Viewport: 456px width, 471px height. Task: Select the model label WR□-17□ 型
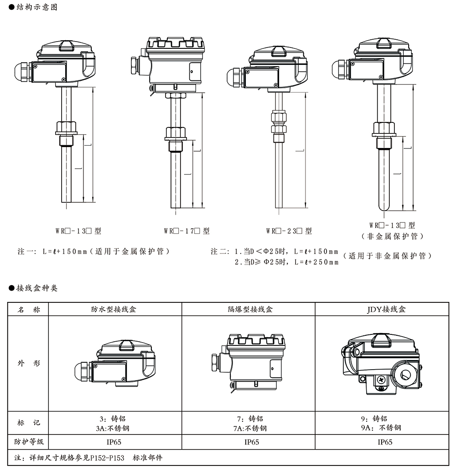pyautogui.click(x=187, y=231)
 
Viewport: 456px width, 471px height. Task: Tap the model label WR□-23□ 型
pyautogui.click(x=289, y=231)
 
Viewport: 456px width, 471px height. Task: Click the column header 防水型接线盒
pyautogui.click(x=114, y=309)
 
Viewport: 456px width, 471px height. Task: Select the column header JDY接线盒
pyautogui.click(x=386, y=309)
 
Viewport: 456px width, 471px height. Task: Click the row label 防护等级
pyautogui.click(x=27, y=442)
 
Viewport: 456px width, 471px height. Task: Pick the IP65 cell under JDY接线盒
pyautogui.click(x=385, y=442)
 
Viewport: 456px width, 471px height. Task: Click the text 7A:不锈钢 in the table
pyautogui.click(x=249, y=428)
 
